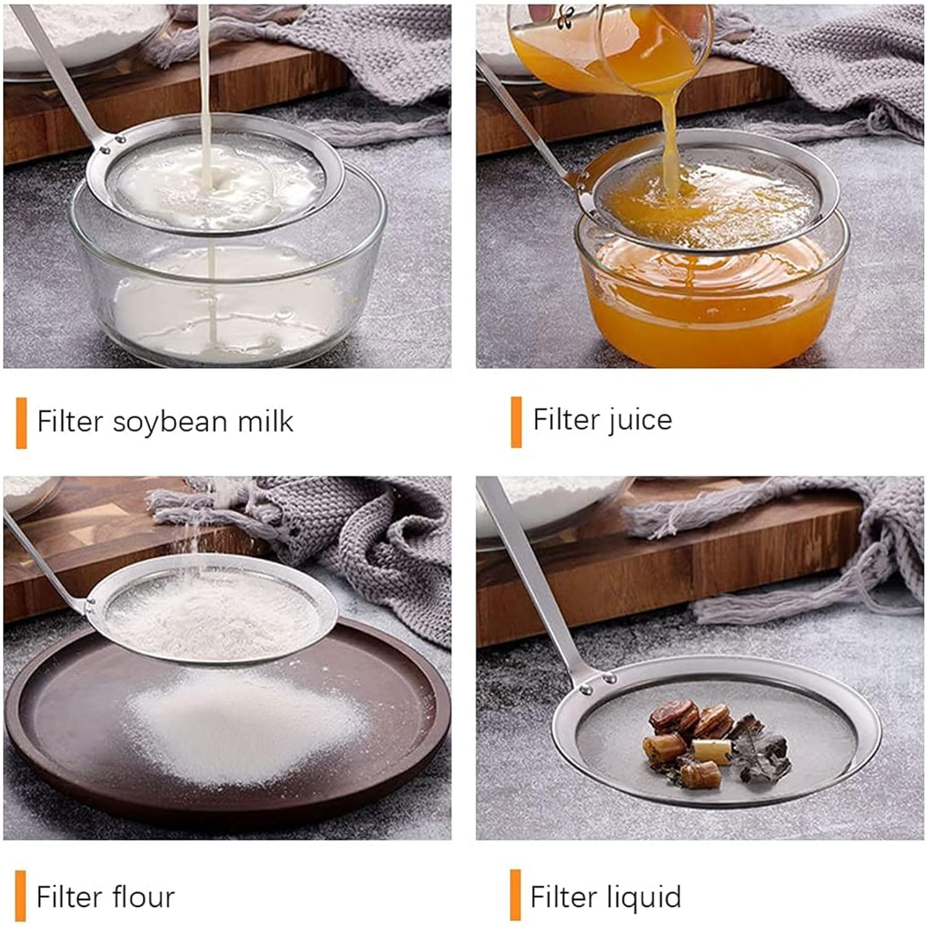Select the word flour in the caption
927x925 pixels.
pos(140,897)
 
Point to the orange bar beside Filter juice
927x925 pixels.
pos(516,422)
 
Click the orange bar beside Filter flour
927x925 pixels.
pos(20,895)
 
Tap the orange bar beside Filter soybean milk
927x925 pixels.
pos(21,423)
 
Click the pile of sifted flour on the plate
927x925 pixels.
pos(247,730)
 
